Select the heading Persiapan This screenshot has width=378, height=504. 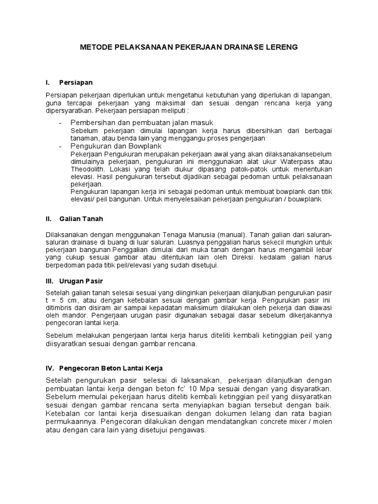[x=76, y=82]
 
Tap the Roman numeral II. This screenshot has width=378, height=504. [x=48, y=219]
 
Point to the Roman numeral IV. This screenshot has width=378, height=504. [x=49, y=368]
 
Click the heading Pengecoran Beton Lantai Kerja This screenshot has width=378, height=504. [x=111, y=368]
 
